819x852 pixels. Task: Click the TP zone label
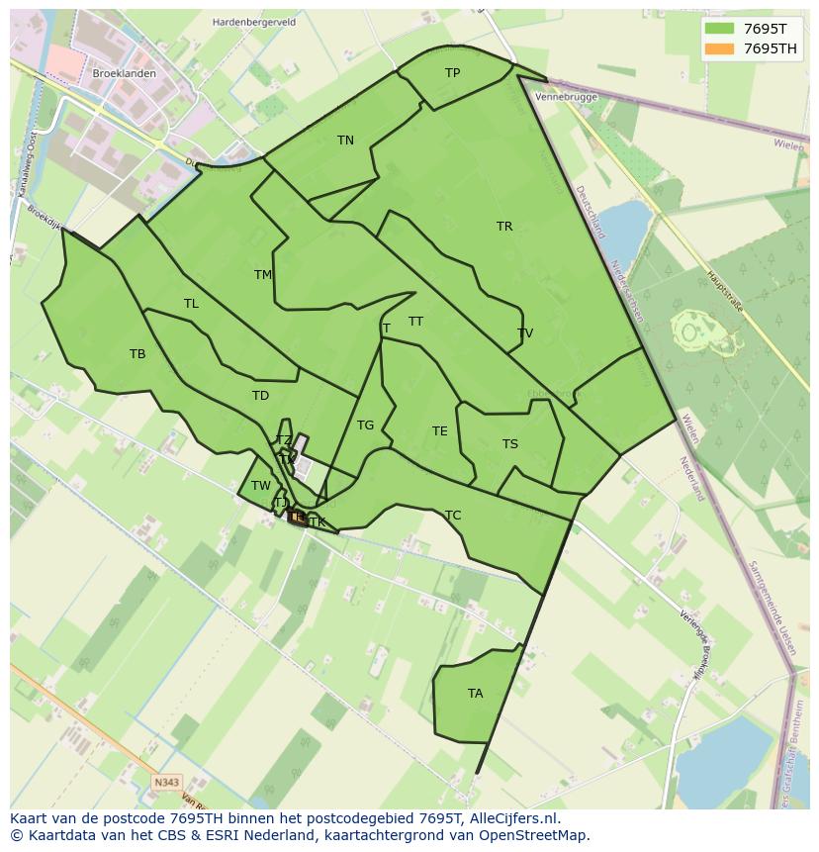(452, 73)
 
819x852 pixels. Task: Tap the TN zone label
(345, 141)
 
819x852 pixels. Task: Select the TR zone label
(504, 227)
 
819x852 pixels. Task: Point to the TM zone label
(263, 275)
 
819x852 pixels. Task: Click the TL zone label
(191, 304)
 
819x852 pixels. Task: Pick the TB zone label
(137, 354)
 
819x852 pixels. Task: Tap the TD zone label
(260, 396)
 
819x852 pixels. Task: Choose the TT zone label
(415, 322)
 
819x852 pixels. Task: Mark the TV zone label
(525, 333)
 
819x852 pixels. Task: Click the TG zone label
(365, 426)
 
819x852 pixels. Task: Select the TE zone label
(439, 431)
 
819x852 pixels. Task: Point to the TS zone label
(509, 444)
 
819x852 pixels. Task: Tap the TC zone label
(453, 516)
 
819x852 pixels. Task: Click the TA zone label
(476, 694)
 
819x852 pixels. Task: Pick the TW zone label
(260, 486)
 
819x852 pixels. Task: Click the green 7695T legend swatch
(720, 30)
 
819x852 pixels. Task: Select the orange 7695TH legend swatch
(720, 48)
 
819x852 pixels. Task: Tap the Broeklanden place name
(124, 74)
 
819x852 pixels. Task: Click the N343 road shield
(167, 783)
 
